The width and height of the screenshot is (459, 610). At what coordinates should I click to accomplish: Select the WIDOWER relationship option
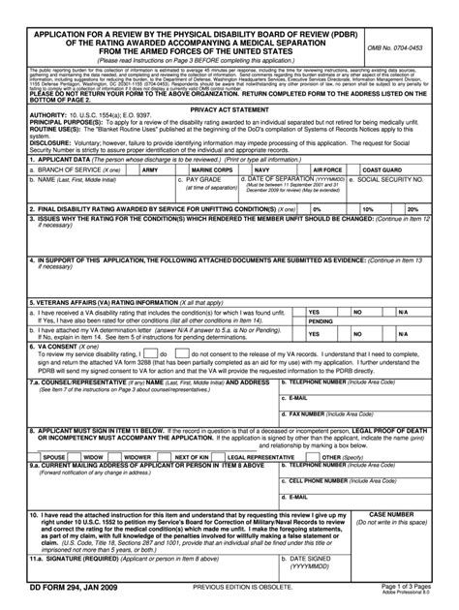tap(138, 456)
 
